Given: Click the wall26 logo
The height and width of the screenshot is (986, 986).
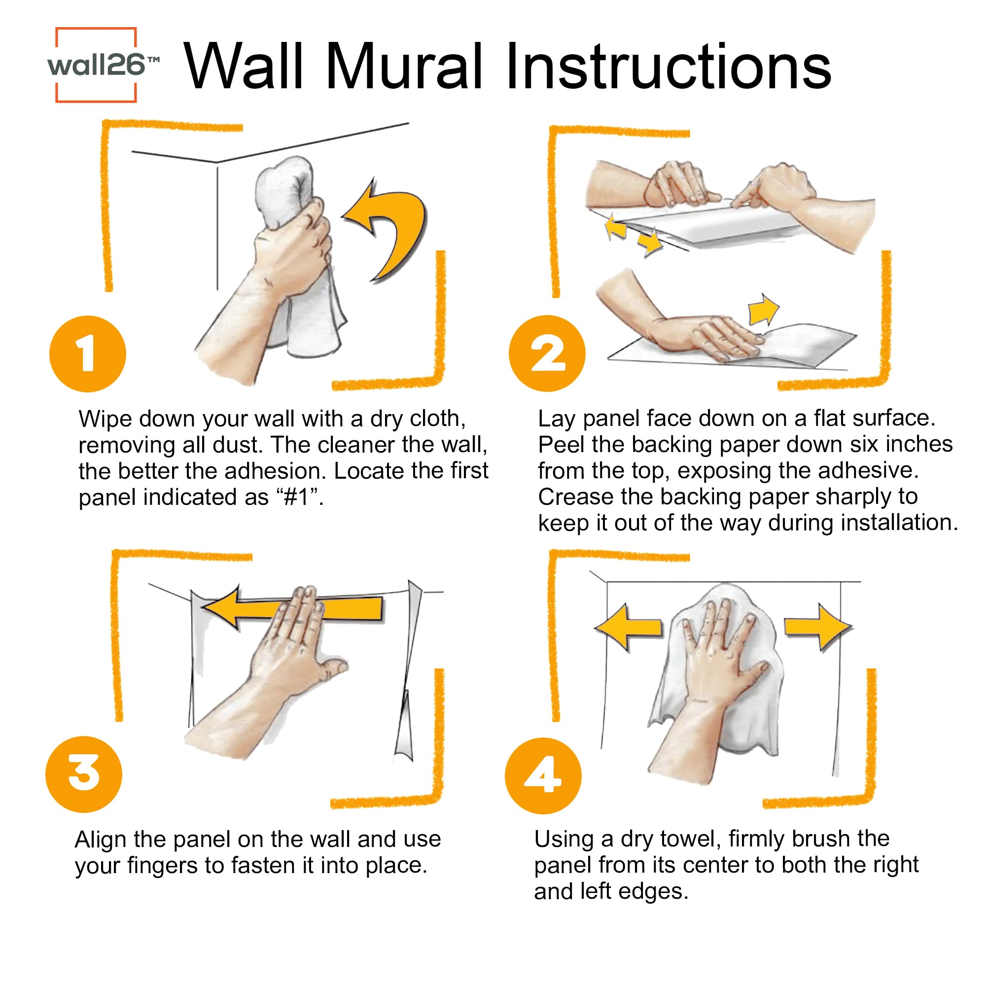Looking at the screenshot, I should pos(97,65).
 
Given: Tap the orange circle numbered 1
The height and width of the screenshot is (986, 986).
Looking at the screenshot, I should pos(87,353).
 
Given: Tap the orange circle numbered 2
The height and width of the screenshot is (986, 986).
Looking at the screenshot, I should pos(547,353).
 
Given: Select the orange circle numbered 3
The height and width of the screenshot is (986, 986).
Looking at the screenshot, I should pos(84,774).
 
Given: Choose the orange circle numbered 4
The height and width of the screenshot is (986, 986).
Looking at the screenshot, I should pos(543,775).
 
